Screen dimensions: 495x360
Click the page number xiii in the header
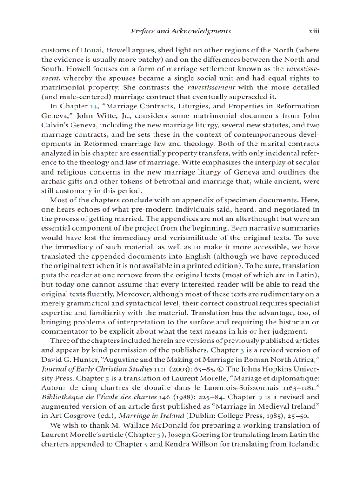314,31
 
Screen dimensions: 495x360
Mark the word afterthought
245,219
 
